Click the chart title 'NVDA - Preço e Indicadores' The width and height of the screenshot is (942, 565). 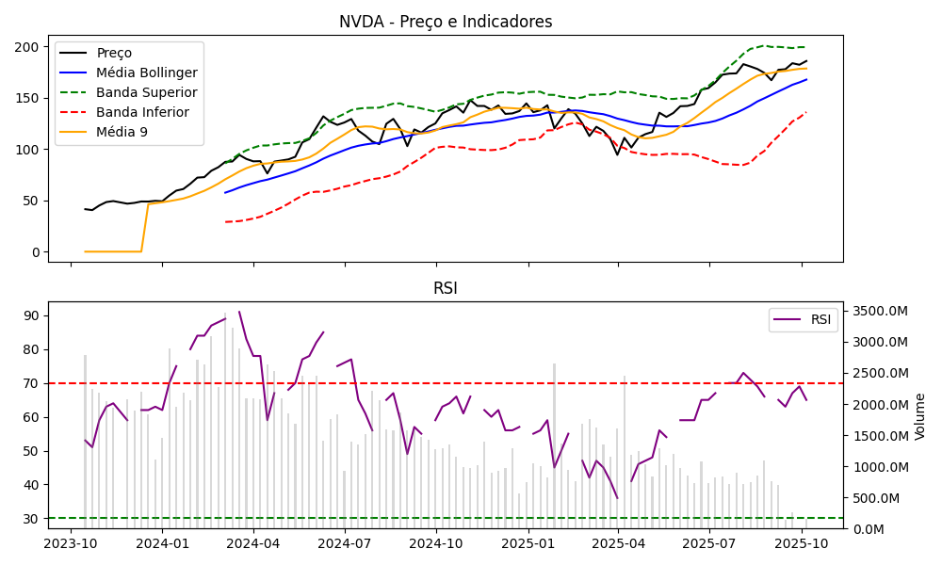[446, 22]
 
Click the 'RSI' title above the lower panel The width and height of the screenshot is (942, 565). [446, 288]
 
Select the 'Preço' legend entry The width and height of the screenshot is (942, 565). [114, 53]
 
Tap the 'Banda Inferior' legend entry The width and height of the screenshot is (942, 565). [142, 112]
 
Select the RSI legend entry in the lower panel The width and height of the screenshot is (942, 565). [820, 319]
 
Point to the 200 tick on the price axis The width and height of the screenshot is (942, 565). [30, 47]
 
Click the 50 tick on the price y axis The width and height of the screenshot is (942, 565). [34, 201]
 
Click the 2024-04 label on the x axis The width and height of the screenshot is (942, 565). [253, 543]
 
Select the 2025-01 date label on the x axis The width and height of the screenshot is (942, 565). [528, 543]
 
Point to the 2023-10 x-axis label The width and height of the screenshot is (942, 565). [71, 543]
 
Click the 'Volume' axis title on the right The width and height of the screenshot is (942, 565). [920, 416]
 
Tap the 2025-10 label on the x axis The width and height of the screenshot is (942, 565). [802, 543]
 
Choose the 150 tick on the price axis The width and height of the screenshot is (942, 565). [30, 98]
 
